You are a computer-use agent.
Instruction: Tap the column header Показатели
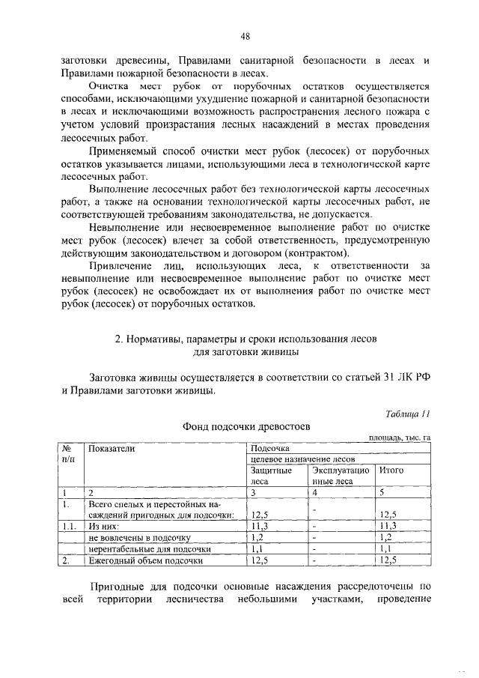pos(112,448)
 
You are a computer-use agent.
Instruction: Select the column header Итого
pos(391,470)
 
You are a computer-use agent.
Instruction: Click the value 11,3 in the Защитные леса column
pos(259,526)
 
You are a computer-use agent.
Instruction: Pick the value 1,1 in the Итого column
pos(387,548)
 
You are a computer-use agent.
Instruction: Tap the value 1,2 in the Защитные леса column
pos(257,537)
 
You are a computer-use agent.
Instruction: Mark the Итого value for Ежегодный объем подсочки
pos(389,560)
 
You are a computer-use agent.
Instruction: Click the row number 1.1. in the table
pos(70,526)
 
